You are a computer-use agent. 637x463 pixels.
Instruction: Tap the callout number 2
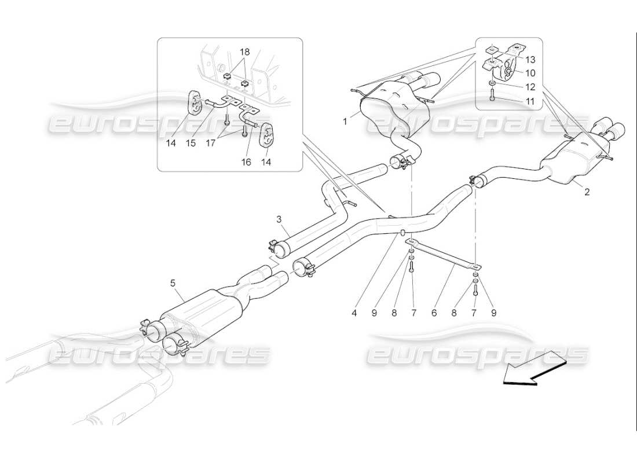coord(587,192)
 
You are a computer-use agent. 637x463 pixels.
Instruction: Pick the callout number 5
coord(173,283)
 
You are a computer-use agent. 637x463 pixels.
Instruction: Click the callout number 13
coord(530,58)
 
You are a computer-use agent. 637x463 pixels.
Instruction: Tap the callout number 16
coord(246,163)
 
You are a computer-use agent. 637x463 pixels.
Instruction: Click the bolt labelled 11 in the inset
coord(492,98)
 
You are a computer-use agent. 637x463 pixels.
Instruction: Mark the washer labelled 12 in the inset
coord(492,85)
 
